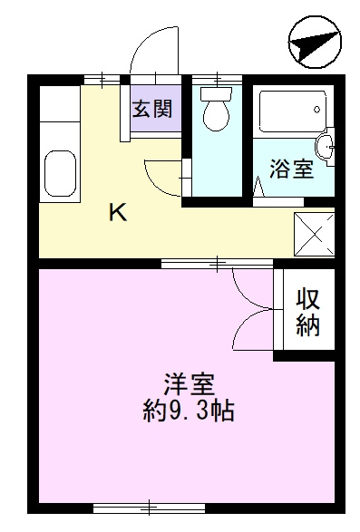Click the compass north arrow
[315, 44]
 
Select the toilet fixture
[216, 110]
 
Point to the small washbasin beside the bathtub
[327, 145]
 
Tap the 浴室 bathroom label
[293, 169]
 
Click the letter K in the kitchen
[118, 213]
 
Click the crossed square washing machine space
[314, 233]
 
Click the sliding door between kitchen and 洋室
[217, 264]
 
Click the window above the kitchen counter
[102, 77]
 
